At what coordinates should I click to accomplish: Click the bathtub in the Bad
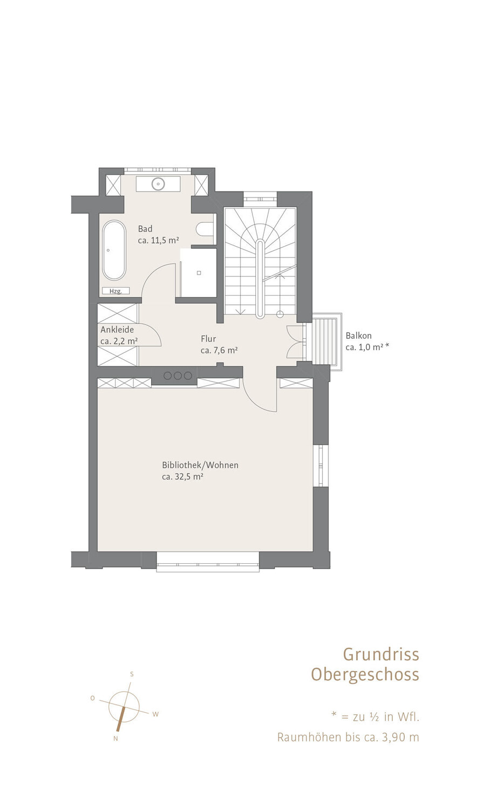114,251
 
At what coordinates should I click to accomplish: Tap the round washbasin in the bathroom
158,183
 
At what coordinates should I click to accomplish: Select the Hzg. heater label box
116,291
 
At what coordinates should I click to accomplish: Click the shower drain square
199,272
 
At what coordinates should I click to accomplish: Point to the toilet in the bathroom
205,229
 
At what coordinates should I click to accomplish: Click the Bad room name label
145,229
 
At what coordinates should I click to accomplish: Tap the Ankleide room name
117,330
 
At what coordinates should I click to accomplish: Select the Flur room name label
208,339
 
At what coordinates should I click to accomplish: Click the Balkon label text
359,336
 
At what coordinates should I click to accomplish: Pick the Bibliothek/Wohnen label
200,465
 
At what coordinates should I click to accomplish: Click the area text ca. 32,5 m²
182,477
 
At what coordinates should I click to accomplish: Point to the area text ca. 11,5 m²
159,241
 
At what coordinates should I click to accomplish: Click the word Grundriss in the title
382,654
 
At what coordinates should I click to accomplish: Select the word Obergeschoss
365,675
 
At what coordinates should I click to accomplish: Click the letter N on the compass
115,739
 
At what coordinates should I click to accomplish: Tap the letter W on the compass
155,714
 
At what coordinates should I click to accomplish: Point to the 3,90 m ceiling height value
400,738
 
